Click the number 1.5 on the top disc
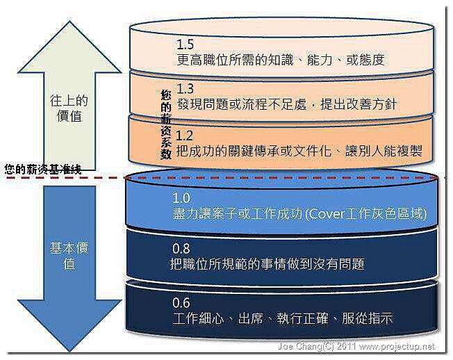(x=185, y=44)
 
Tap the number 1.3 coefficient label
(x=185, y=88)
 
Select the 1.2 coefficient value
(x=184, y=136)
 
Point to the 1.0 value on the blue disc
(x=181, y=198)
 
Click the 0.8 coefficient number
(x=181, y=249)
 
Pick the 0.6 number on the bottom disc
(x=181, y=303)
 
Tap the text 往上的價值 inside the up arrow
(x=69, y=108)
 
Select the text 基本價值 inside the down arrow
(x=69, y=256)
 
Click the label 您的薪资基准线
(x=43, y=170)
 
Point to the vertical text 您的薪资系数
(x=166, y=124)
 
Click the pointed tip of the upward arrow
(x=69, y=22)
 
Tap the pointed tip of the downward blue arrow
(x=70, y=351)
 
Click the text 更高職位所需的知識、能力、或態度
(x=281, y=60)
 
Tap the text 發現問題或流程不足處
(x=242, y=104)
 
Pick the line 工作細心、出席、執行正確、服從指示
(x=283, y=318)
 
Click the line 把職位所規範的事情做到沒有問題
(x=267, y=264)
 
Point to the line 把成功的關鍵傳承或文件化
(x=254, y=151)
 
